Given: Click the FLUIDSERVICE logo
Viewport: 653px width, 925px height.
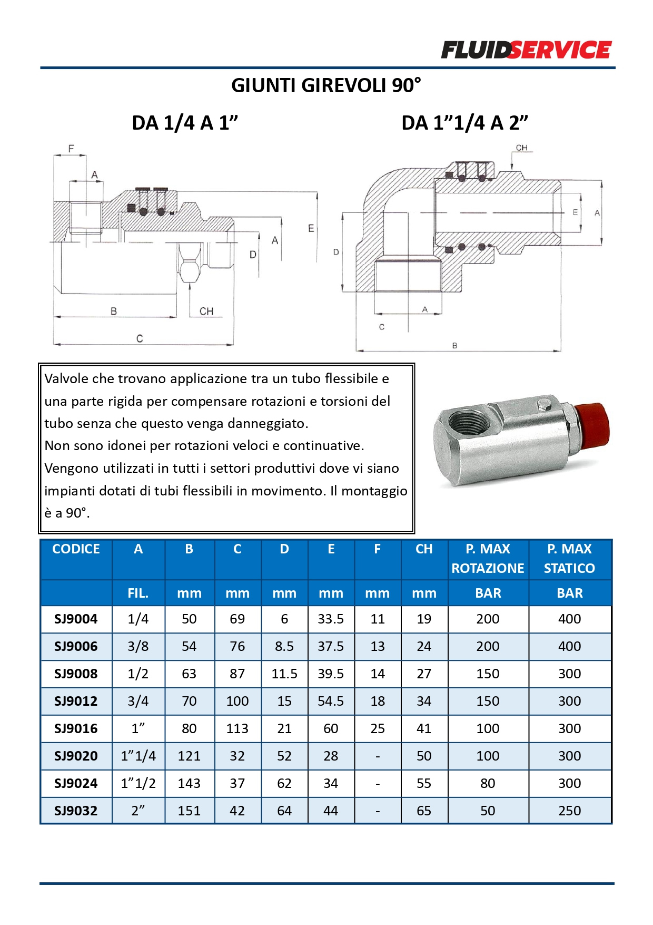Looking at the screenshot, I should click(x=526, y=50).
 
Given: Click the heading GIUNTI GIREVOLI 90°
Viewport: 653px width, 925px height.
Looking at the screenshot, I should click(x=326, y=85).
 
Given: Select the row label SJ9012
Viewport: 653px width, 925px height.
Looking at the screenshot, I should click(x=76, y=701).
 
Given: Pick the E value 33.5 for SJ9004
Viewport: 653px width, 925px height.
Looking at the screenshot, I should click(x=331, y=619).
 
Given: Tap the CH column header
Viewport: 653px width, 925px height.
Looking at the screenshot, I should click(x=424, y=549).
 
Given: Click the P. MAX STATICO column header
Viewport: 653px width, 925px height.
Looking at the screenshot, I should click(x=569, y=559).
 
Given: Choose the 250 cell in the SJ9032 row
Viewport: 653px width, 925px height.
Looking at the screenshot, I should click(x=569, y=811).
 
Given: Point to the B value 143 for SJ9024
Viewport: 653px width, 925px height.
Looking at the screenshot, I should click(x=189, y=783).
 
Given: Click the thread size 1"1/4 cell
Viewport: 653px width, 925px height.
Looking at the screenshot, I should click(x=138, y=756).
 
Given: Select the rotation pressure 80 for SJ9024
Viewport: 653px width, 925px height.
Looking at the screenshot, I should click(x=488, y=783).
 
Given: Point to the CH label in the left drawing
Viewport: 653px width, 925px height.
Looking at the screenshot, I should click(x=206, y=311).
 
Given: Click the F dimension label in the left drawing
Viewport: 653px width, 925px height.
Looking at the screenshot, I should click(x=71, y=149).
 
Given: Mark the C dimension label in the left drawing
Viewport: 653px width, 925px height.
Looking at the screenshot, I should click(x=140, y=338).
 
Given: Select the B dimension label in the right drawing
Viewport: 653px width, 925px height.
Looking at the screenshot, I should click(x=454, y=346).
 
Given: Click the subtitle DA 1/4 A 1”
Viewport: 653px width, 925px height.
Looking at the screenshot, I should click(x=185, y=123).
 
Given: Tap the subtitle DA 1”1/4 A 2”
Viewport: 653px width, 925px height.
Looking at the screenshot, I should click(x=464, y=123).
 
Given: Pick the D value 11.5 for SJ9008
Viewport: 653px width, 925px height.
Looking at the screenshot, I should click(x=284, y=674).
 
